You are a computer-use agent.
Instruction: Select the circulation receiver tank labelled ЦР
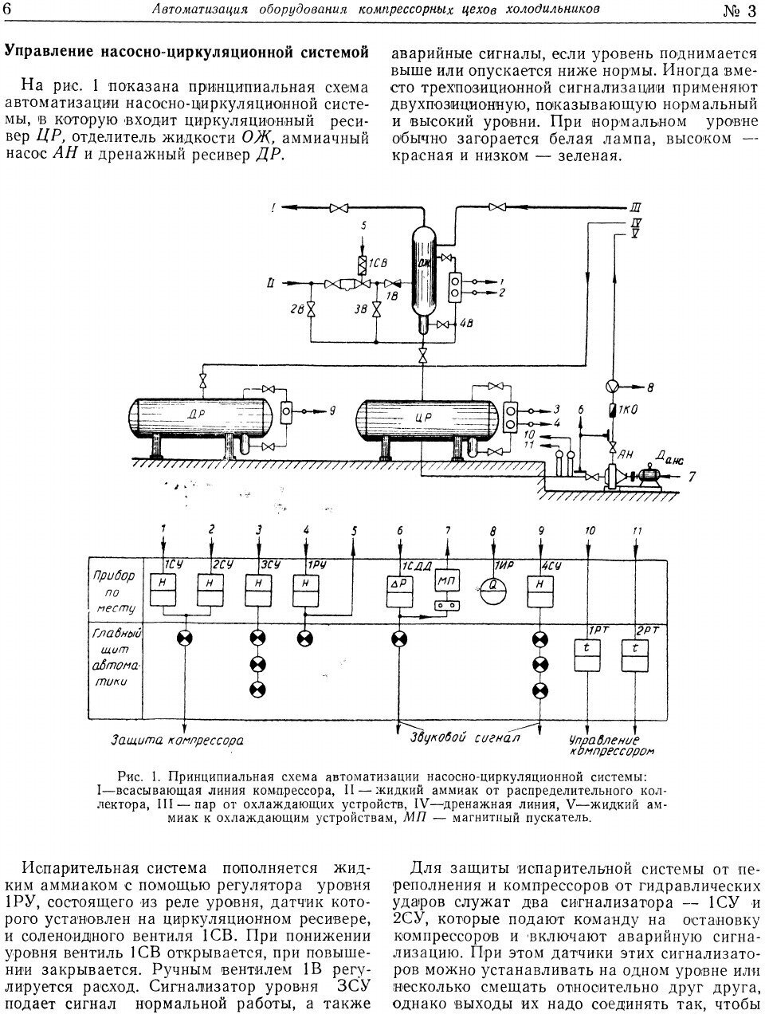point(418,417)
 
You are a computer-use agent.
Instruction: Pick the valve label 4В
point(468,323)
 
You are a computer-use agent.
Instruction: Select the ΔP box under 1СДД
point(398,593)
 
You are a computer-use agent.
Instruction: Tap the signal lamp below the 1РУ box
point(304,638)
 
